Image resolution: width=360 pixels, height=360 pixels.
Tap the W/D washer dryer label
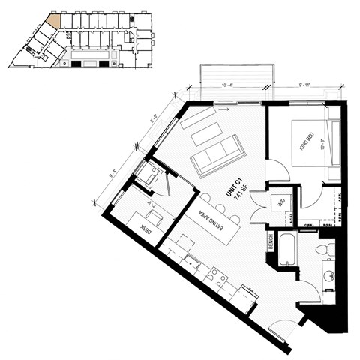[x=282, y=201]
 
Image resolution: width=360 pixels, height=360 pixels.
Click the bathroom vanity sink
[x=328, y=275]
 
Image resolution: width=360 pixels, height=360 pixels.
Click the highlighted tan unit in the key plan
[x=53, y=20]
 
